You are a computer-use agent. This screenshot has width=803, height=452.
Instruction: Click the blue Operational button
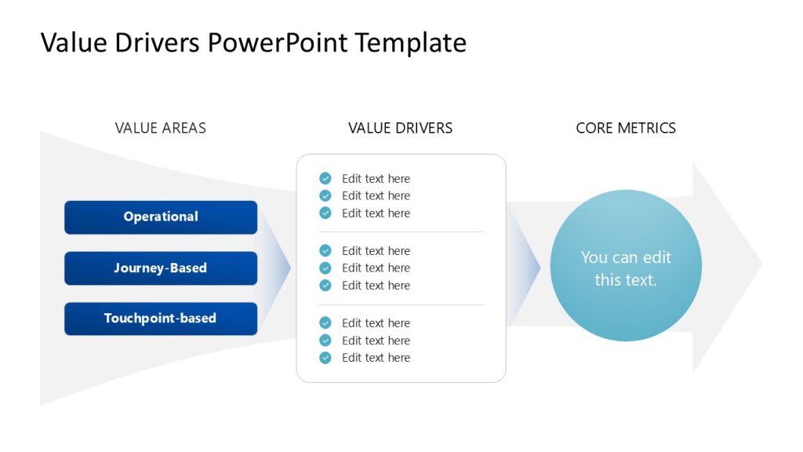(x=161, y=217)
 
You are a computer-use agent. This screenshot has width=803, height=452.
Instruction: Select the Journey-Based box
(x=161, y=268)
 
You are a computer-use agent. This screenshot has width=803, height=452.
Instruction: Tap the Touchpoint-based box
(x=161, y=319)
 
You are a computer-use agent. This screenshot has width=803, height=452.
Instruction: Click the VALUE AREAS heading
(x=161, y=128)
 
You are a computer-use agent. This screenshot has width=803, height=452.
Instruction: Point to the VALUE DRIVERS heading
(x=400, y=128)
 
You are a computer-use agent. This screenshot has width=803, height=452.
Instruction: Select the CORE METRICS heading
(x=626, y=128)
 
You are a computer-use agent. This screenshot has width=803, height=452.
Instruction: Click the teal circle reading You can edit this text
(x=626, y=266)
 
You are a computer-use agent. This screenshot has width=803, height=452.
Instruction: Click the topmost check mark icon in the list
(x=325, y=179)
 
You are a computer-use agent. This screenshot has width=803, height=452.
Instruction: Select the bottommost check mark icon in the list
(x=325, y=358)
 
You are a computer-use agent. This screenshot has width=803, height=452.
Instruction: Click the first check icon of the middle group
(x=325, y=251)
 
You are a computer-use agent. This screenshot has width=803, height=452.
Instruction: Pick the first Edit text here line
(x=376, y=179)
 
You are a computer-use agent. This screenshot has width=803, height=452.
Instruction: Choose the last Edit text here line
(x=376, y=358)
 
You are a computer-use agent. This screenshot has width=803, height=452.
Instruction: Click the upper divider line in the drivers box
(x=401, y=232)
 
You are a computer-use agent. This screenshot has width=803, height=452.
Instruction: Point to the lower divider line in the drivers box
(x=401, y=304)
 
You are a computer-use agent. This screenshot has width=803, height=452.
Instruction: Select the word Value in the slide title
(x=73, y=42)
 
